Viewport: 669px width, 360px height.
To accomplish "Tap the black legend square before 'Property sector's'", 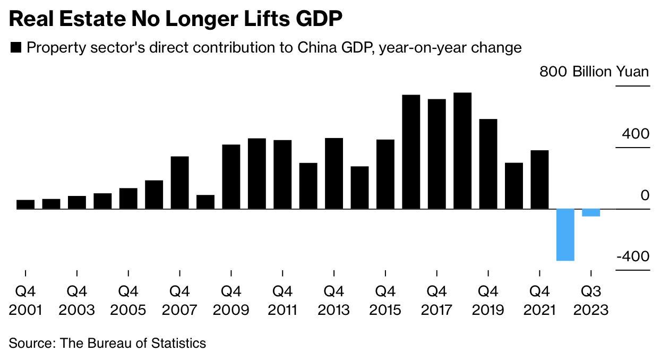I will pyautogui.click(x=16, y=48).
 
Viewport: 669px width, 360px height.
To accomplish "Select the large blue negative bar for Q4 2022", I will pyautogui.click(x=565, y=235).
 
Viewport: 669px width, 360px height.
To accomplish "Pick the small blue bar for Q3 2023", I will pyautogui.click(x=591, y=213).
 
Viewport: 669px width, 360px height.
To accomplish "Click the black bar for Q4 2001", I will pyautogui.click(x=25, y=204).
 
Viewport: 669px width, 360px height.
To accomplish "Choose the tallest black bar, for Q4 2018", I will pyautogui.click(x=462, y=151).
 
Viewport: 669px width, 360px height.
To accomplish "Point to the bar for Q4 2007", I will pyautogui.click(x=179, y=183).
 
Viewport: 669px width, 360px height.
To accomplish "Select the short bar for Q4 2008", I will pyautogui.click(x=205, y=202).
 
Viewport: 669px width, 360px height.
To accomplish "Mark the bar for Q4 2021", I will pyautogui.click(x=539, y=179).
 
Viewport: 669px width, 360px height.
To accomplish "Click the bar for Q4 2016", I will pyautogui.click(x=411, y=152).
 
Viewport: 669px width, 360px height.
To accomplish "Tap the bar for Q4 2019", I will pyautogui.click(x=488, y=164).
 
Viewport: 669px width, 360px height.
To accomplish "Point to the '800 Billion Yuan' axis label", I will pyautogui.click(x=594, y=72).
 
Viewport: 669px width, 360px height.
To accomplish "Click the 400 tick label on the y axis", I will pyautogui.click(x=636, y=133).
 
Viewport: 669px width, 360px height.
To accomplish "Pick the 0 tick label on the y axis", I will pyautogui.click(x=645, y=195).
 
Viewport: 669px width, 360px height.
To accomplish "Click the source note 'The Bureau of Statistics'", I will pyautogui.click(x=133, y=343).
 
